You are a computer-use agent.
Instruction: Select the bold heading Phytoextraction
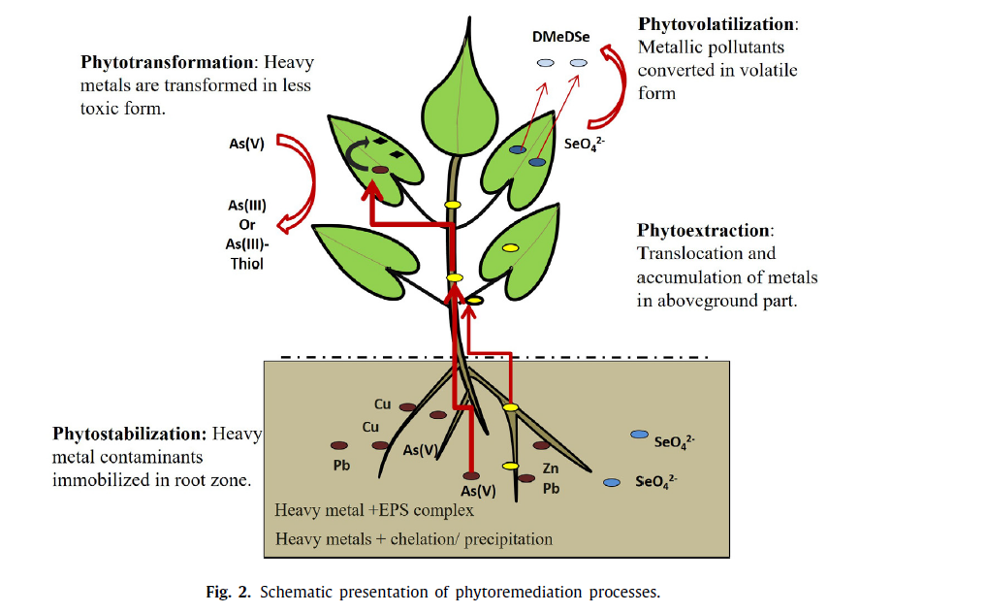coord(704,231)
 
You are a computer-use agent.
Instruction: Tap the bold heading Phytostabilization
coord(128,434)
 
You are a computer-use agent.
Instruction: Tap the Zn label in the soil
coord(551,468)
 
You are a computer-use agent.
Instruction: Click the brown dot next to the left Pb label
coord(336,446)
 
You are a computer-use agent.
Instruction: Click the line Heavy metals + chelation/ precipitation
coord(414,539)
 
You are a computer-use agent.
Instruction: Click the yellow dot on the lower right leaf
coord(508,249)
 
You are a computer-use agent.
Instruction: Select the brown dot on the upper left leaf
coord(381,170)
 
